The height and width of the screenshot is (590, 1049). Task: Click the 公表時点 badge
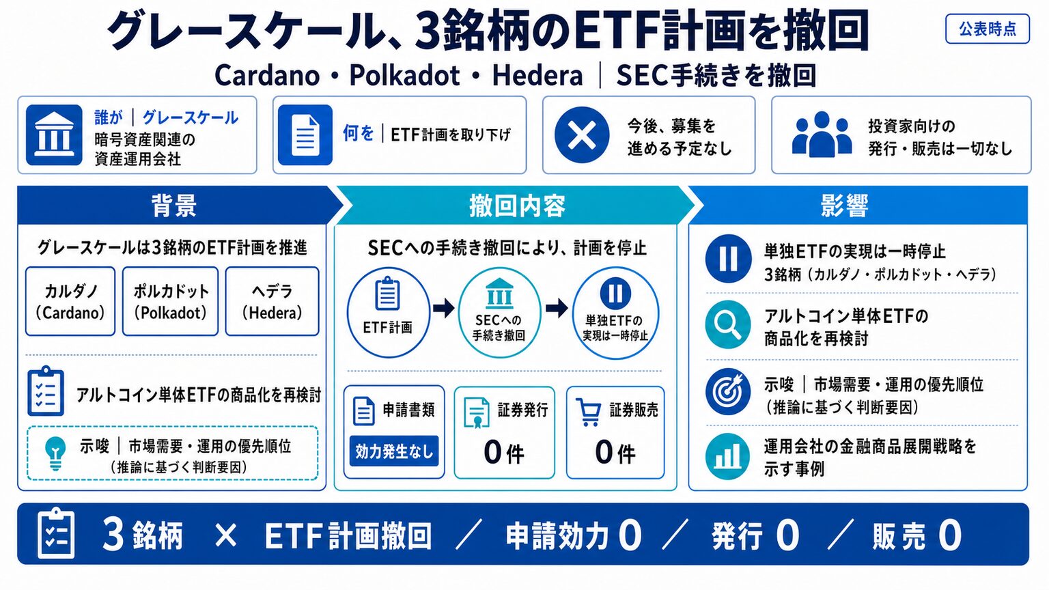pyautogui.click(x=987, y=29)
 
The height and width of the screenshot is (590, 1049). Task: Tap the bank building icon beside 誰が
pyautogui.click(x=54, y=135)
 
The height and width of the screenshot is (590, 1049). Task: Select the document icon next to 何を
pyautogui.click(x=305, y=135)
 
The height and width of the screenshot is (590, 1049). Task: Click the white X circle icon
pyautogui.click(x=582, y=135)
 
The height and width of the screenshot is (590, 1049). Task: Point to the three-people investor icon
pyautogui.click(x=822, y=134)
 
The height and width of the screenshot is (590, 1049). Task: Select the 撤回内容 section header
pyautogui.click(x=517, y=205)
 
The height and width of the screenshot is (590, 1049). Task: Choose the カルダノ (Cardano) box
pyautogui.click(x=70, y=301)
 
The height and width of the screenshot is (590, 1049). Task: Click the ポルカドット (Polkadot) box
pyautogui.click(x=171, y=301)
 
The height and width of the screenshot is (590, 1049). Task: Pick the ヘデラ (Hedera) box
pyautogui.click(x=272, y=301)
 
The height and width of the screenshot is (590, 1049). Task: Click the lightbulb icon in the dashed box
pyautogui.click(x=55, y=452)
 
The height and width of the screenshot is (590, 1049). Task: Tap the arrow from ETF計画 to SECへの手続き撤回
pyautogui.click(x=443, y=308)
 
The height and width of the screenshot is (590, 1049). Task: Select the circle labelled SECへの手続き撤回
pyautogui.click(x=499, y=312)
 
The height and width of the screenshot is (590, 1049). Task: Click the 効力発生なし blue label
pyautogui.click(x=394, y=451)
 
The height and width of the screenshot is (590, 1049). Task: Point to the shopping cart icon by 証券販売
pyautogui.click(x=589, y=412)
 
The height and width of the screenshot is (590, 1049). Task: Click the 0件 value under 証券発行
pyautogui.click(x=504, y=452)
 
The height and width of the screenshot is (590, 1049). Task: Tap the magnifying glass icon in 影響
pyautogui.click(x=728, y=324)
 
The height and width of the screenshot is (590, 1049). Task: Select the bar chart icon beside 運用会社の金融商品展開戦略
pyautogui.click(x=728, y=457)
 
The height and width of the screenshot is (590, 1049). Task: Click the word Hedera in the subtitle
pyautogui.click(x=537, y=76)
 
